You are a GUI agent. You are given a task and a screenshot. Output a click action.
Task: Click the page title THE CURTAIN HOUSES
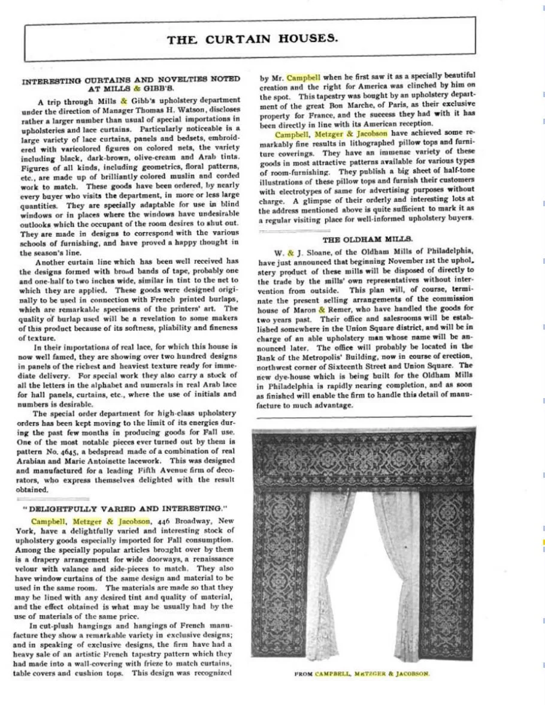click(x=252, y=40)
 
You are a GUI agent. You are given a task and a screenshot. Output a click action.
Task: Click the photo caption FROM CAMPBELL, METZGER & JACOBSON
click(x=362, y=673)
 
